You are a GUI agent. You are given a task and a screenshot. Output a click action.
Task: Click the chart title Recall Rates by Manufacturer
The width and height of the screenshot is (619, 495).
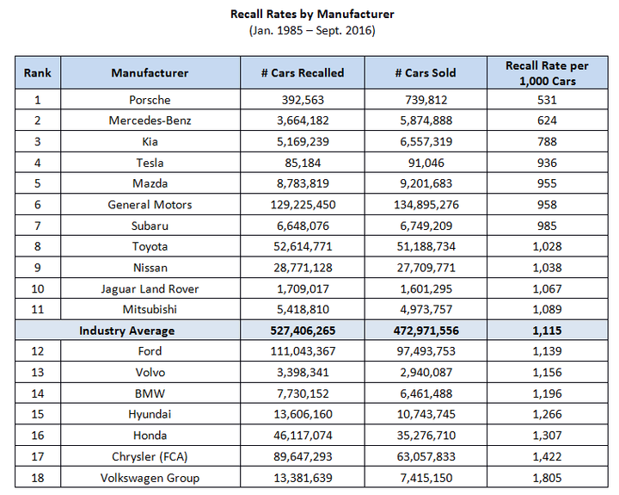click(312, 15)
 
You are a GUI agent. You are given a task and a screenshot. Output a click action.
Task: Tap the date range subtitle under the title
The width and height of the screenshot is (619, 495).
click(312, 30)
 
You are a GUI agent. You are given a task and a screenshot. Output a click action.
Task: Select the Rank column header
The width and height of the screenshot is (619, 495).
click(38, 73)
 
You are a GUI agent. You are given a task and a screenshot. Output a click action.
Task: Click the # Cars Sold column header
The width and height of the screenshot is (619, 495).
click(426, 73)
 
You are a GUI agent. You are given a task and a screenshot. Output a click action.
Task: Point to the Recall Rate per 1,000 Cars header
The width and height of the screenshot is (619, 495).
click(547, 73)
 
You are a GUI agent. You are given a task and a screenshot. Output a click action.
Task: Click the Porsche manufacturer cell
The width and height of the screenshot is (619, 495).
click(150, 100)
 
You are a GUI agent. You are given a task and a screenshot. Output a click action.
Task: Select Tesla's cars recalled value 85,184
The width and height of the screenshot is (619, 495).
click(303, 163)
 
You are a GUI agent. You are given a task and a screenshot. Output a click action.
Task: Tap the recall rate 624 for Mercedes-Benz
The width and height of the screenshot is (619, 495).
click(547, 121)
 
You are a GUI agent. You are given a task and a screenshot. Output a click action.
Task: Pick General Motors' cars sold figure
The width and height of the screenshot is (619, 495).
click(426, 204)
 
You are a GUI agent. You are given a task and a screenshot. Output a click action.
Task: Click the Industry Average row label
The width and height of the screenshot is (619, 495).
click(126, 331)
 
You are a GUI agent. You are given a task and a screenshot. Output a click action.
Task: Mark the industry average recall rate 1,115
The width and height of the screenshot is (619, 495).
click(547, 331)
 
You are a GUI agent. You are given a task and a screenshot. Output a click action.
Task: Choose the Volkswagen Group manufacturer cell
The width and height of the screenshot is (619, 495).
click(150, 478)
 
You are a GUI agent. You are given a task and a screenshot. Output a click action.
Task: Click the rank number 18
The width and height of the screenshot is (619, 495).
click(38, 478)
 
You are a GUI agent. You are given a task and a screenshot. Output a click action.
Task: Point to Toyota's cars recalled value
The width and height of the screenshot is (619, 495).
click(303, 246)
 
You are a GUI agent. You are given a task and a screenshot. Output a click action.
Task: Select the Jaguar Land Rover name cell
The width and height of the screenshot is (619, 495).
click(150, 288)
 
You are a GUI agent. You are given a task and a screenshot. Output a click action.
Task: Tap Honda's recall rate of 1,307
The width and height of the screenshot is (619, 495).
click(547, 436)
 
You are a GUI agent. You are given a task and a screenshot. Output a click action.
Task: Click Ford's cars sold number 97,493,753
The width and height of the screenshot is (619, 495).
click(426, 351)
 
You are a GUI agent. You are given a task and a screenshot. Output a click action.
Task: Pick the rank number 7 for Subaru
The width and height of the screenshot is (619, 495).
click(38, 226)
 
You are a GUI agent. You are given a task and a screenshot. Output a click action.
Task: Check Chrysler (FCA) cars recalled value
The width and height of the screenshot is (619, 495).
click(303, 456)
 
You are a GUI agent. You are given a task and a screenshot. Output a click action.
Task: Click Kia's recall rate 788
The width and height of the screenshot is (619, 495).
click(547, 141)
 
